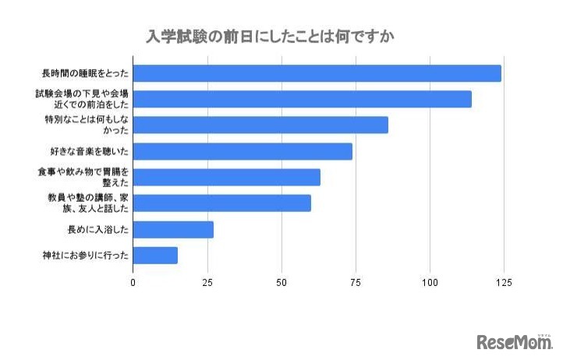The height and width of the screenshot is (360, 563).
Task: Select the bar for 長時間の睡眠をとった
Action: (317, 73)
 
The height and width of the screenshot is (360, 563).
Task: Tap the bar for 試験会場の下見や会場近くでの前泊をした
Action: (302, 99)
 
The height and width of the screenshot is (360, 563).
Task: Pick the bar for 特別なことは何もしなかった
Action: (260, 125)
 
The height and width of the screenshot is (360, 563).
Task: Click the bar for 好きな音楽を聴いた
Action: (243, 151)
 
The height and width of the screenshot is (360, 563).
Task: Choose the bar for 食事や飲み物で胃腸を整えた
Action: (226, 177)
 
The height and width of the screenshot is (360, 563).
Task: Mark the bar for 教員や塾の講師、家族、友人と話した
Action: (221, 203)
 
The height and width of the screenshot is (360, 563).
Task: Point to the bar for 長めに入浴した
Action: (173, 229)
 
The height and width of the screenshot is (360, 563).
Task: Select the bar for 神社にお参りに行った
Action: (155, 255)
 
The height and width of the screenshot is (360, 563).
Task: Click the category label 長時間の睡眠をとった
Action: (85, 73)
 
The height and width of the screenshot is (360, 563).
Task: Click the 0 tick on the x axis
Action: (133, 281)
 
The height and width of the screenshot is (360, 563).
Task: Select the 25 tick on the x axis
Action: (207, 281)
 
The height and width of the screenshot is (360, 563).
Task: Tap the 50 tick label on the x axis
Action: (281, 281)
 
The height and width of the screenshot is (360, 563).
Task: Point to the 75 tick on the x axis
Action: (356, 281)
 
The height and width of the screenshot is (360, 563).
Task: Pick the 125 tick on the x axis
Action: (504, 281)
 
